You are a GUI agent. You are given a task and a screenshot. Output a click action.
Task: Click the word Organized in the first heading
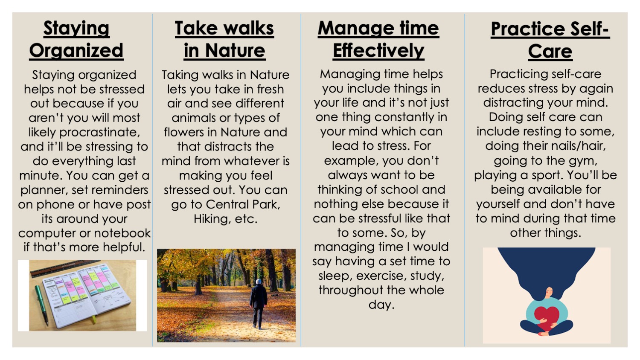76,50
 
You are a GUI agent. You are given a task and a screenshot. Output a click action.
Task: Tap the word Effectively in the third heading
378,50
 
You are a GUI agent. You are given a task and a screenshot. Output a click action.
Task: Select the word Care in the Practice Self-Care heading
550,51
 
